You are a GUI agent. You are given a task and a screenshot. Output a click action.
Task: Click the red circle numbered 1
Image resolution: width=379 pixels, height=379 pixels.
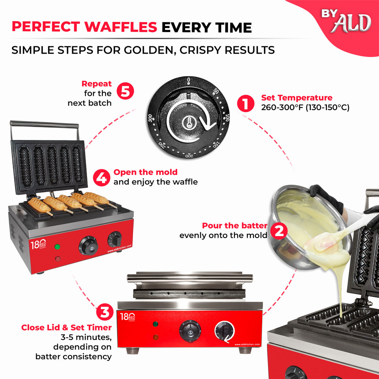pos(246,103)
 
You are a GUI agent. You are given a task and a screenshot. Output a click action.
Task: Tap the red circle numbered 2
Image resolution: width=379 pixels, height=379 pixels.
pos(279,231)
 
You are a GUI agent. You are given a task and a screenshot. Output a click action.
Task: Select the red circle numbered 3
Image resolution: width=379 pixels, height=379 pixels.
pos(105,313)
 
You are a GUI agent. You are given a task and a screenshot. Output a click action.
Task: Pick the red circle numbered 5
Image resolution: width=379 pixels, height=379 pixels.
pos(125,91)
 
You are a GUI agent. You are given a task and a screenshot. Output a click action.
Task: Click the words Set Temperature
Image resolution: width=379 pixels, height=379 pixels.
pos(297,98)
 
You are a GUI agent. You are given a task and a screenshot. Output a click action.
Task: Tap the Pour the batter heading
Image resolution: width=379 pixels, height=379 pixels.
pos(234,226)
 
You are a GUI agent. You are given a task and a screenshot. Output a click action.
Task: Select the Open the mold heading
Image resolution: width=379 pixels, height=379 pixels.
pos(145,172)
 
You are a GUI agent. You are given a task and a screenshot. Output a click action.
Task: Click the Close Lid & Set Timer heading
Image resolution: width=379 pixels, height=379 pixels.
pos(66,327)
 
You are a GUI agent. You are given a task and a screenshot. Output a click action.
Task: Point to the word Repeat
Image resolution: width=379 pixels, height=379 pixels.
pos(97,84)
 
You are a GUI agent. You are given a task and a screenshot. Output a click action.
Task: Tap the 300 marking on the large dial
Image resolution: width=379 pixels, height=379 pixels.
pos(151,119)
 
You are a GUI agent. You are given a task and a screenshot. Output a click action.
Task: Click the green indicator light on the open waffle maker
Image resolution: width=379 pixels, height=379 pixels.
pos(57,247)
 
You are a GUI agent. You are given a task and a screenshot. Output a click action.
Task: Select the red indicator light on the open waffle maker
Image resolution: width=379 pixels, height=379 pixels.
pos(57,259)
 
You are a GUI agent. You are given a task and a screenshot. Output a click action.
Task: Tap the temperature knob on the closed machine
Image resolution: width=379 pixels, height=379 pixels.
pos(189,331)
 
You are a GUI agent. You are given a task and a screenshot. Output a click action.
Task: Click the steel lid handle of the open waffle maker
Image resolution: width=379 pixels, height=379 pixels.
pos(44,124)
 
